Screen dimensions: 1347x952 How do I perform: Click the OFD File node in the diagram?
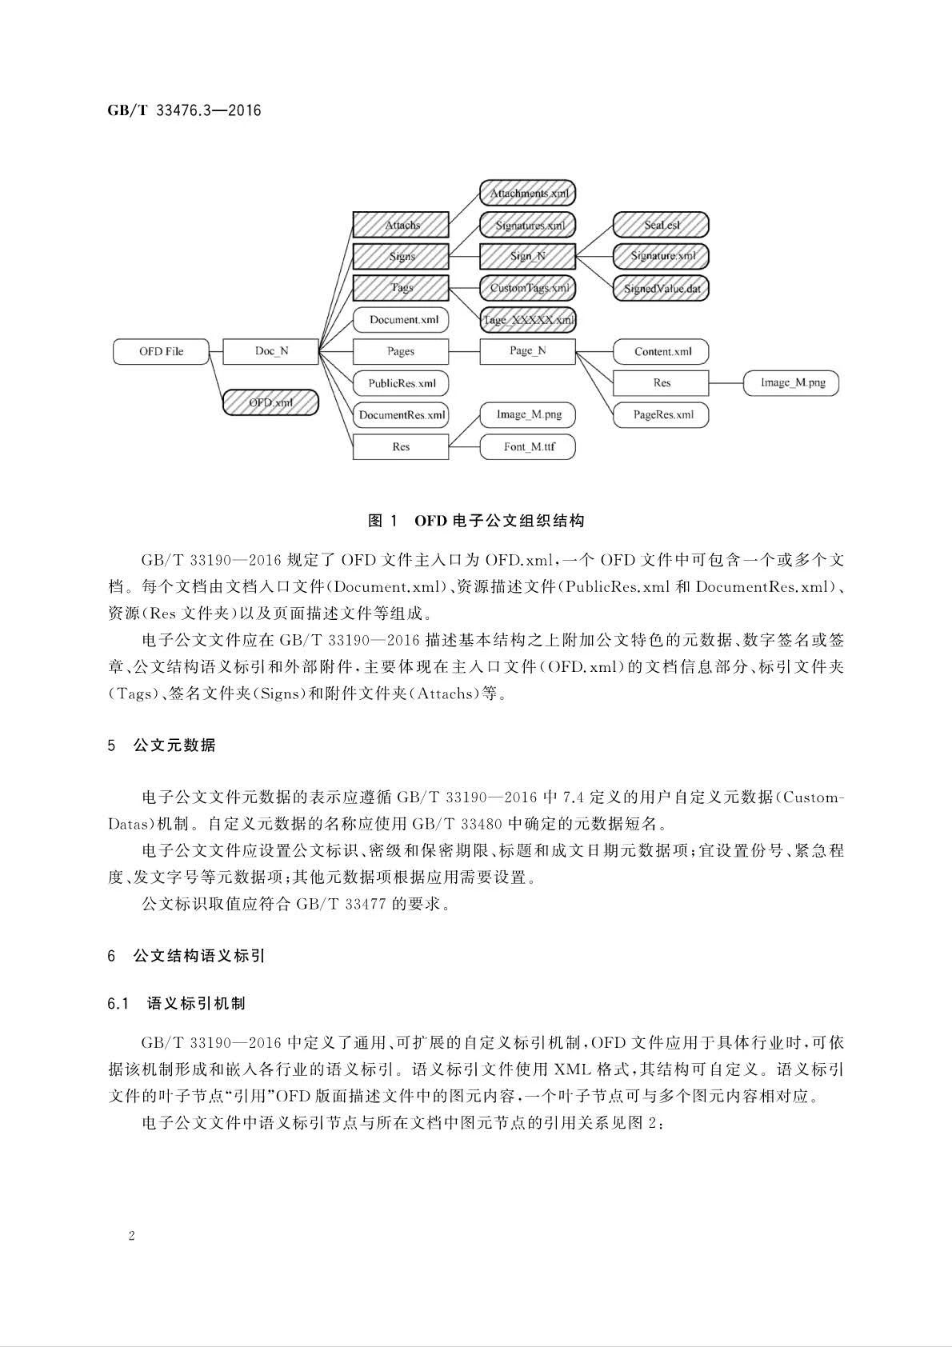pyautogui.click(x=161, y=351)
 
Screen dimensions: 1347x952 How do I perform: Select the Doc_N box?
pyautogui.click(x=270, y=351)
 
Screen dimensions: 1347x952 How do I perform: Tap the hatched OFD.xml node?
pyautogui.click(x=270, y=402)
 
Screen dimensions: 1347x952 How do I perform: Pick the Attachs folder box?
pyautogui.click(x=401, y=225)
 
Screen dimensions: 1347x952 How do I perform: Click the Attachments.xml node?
pyautogui.click(x=528, y=193)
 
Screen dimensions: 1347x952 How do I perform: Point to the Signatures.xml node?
pyautogui.click(x=528, y=225)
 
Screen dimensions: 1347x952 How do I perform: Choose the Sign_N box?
pyautogui.click(x=528, y=256)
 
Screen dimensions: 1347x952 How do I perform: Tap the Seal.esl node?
pyautogui.click(x=662, y=225)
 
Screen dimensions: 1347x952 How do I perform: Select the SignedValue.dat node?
pyautogui.click(x=662, y=288)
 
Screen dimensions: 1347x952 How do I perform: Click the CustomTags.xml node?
pyautogui.click(x=528, y=288)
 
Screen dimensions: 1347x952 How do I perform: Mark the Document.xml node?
pyautogui.click(x=401, y=320)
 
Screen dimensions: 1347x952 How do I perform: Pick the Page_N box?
pyautogui.click(x=528, y=351)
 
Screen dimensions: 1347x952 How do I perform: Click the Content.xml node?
pyautogui.click(x=662, y=351)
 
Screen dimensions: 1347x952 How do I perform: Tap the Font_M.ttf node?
pyautogui.click(x=528, y=446)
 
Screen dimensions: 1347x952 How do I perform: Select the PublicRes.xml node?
pyautogui.click(x=401, y=383)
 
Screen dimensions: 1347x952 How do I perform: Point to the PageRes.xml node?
pyautogui.click(x=662, y=414)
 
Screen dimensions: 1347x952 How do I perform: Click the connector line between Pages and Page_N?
pyautogui.click(x=464, y=351)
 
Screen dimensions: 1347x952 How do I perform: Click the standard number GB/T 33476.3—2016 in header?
pyautogui.click(x=184, y=110)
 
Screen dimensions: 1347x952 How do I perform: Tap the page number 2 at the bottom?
pyautogui.click(x=131, y=1236)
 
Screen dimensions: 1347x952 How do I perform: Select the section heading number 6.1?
pyautogui.click(x=118, y=1003)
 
